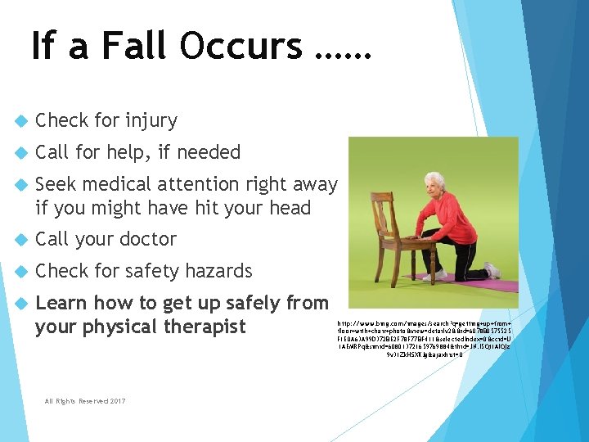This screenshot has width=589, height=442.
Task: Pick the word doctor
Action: (x=146, y=240)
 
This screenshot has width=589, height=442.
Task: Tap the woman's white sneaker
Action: (x=491, y=270)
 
